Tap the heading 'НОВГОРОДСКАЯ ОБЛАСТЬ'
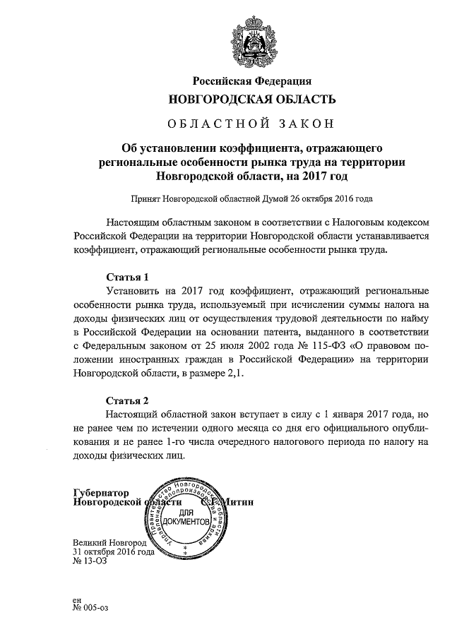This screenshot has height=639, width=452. pos(251,100)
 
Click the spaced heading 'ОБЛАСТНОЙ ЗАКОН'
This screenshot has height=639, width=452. pos(251,125)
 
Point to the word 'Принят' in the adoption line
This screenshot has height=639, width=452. pos(145,199)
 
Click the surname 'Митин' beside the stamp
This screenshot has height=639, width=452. pos(237,502)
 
